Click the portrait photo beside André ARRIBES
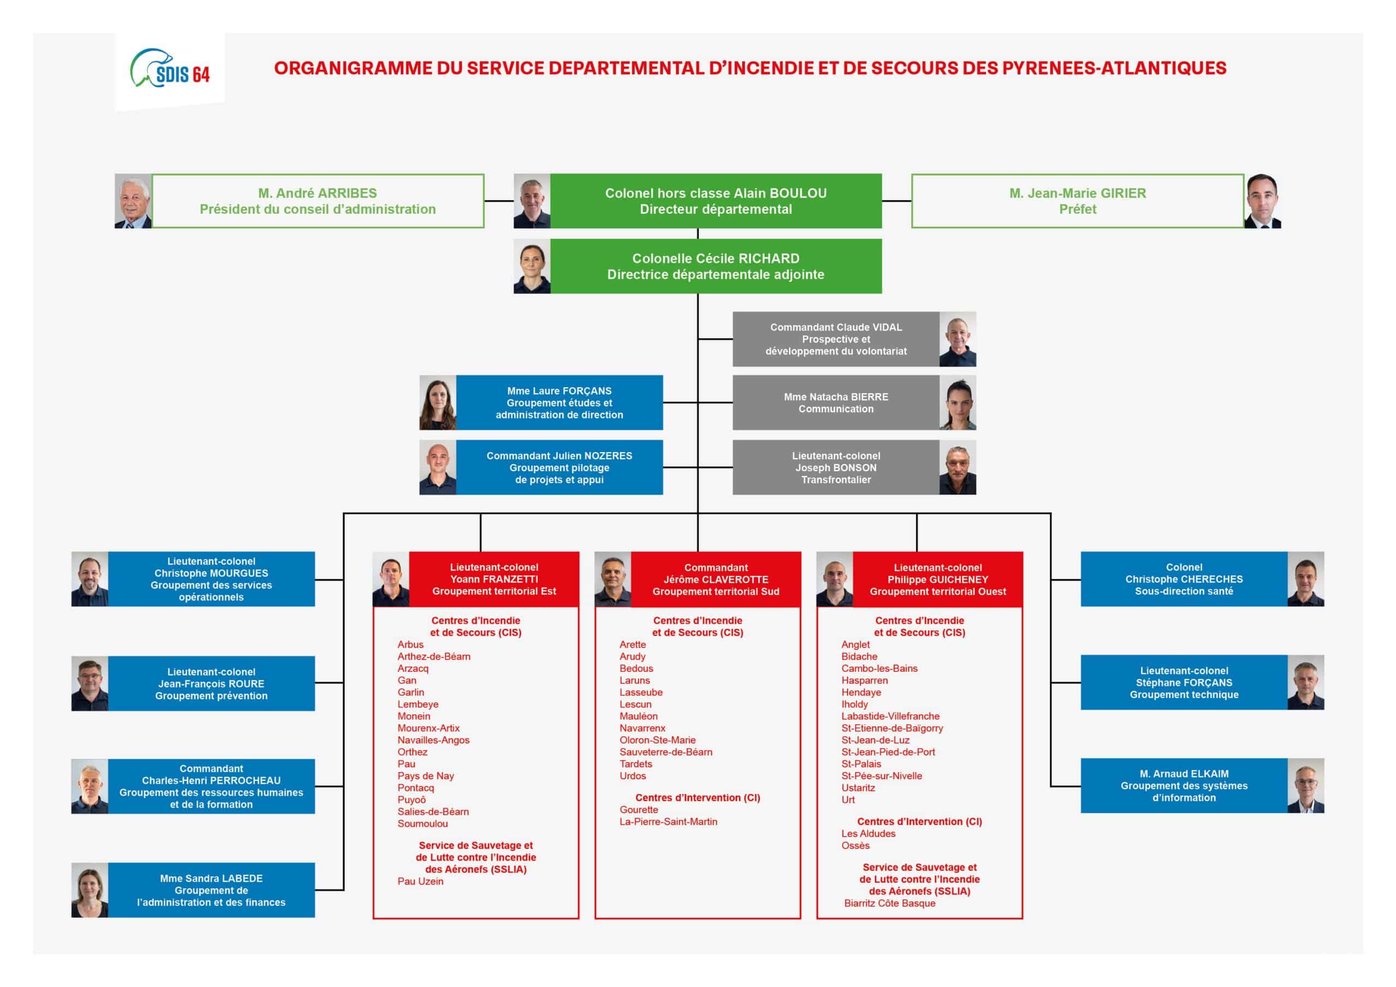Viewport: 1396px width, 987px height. point(133,201)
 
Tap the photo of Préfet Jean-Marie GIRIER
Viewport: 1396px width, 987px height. point(1262,201)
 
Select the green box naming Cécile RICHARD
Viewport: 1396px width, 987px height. point(715,266)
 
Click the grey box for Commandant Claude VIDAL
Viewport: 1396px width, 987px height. point(835,339)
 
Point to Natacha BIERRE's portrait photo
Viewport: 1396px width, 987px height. point(958,402)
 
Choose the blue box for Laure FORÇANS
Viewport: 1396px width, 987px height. point(559,402)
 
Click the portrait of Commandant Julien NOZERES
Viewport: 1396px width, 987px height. point(438,468)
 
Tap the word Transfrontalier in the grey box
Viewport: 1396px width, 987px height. point(835,480)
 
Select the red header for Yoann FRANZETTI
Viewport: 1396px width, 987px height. point(494,579)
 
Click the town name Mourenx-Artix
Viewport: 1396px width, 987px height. point(429,728)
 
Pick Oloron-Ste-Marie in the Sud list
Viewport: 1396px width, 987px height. point(657,740)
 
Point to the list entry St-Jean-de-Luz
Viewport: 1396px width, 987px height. point(876,740)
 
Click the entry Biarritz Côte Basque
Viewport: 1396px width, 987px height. point(889,903)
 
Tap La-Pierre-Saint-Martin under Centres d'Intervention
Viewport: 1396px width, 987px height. point(668,822)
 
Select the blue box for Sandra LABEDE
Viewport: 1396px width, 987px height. point(211,890)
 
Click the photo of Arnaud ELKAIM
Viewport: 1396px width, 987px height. point(1305,786)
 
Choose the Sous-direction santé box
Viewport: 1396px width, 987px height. point(1183,579)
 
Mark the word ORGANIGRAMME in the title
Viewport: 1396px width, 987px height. point(353,68)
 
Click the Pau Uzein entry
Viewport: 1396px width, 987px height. point(420,881)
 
